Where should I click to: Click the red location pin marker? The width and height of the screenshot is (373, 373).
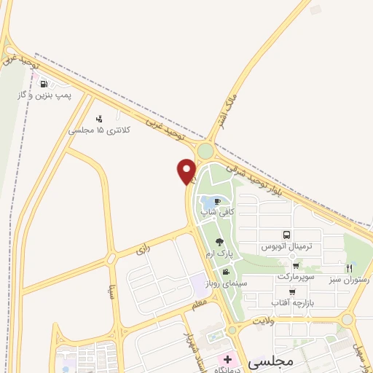[x=186, y=171]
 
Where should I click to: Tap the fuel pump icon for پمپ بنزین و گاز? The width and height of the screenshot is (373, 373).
[x=44, y=84]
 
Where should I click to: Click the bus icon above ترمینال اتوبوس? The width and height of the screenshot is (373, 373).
[x=286, y=235]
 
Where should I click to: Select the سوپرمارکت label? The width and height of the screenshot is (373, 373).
[x=296, y=278]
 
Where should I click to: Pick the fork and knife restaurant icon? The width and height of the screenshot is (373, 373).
[x=349, y=268]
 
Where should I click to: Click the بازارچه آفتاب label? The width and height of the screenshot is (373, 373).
[x=292, y=302]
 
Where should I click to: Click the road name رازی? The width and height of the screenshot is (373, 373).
[x=141, y=250]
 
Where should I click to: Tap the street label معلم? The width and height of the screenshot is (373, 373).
[x=200, y=302]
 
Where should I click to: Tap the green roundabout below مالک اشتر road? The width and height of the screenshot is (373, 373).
[x=205, y=152]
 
